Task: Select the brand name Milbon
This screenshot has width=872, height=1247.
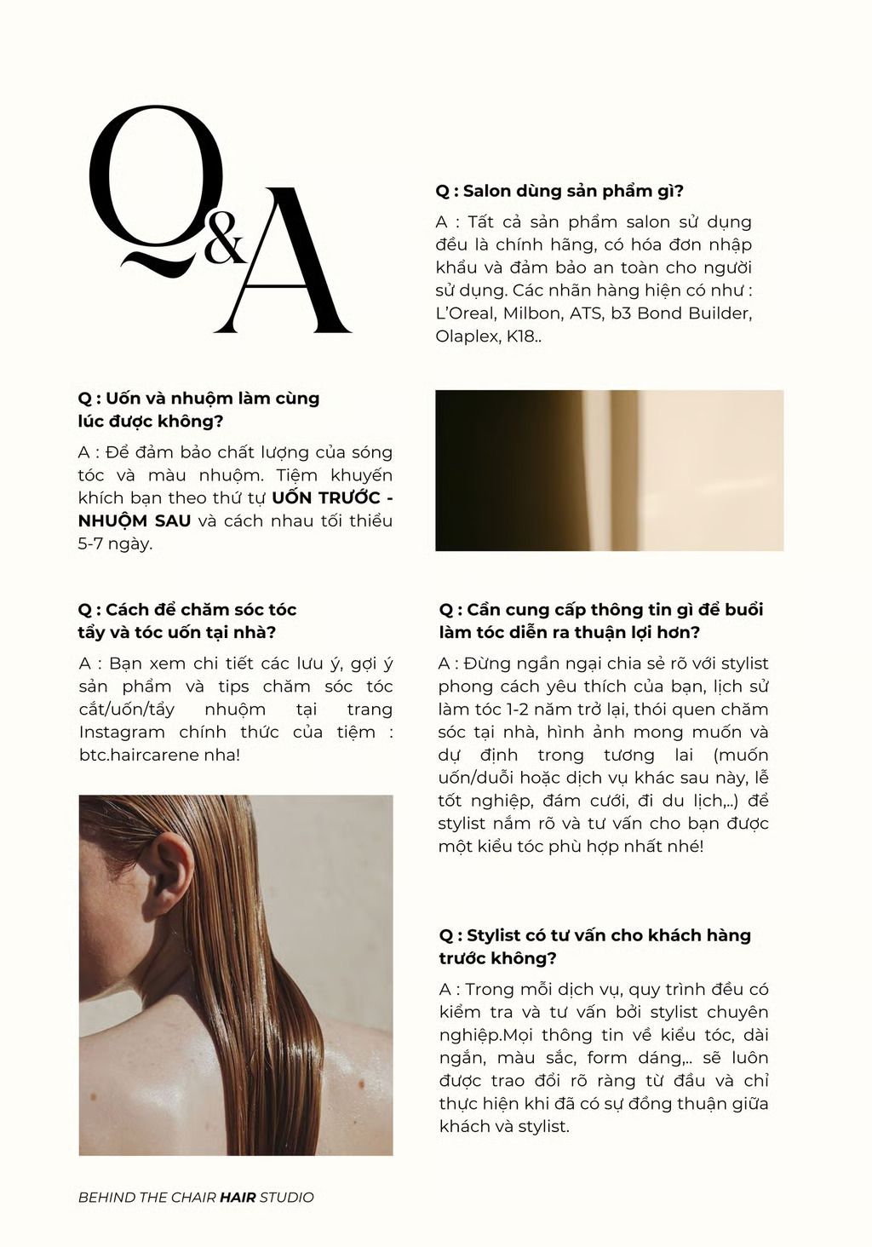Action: coord(535,313)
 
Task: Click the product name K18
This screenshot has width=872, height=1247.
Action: coord(522,336)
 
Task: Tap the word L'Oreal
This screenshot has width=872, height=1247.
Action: coord(465,313)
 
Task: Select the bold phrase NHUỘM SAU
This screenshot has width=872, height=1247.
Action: coord(135,521)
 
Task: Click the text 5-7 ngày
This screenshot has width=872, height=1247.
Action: coord(115,544)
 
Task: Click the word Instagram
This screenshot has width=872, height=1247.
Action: coord(122,733)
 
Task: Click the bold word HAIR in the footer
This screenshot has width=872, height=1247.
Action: coord(238,1198)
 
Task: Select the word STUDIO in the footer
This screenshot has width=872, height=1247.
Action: coord(287,1198)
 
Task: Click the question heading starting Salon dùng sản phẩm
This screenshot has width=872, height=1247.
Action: coord(559,191)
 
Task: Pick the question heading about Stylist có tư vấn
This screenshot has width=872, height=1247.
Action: coord(594,946)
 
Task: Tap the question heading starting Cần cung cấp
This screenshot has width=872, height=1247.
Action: coord(600,621)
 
